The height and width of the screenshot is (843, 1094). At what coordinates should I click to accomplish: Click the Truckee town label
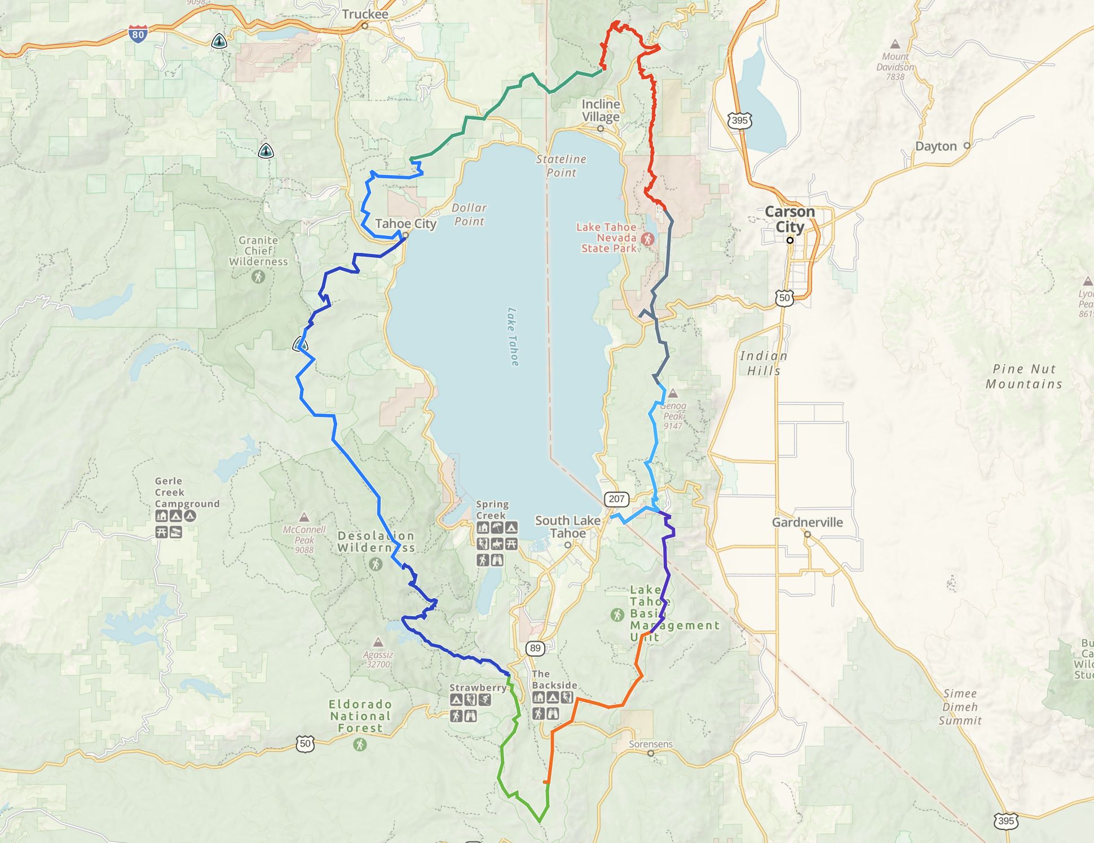[365, 14]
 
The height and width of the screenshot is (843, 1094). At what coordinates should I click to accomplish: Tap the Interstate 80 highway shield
[138, 34]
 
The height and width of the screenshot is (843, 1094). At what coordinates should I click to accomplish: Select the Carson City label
[789, 219]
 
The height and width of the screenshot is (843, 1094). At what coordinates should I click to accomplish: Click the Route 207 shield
[616, 499]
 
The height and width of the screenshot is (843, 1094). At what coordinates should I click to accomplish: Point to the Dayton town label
[936, 147]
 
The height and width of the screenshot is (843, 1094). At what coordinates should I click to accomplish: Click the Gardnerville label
[807, 523]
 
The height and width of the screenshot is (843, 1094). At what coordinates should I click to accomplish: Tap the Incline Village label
[601, 111]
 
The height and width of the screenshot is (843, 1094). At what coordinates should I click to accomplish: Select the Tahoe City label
[405, 224]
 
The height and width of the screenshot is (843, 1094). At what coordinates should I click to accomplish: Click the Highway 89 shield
[535, 648]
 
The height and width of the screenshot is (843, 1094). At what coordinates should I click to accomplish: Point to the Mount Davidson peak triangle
[894, 44]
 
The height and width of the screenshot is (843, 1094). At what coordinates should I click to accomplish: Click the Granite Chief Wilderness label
[258, 251]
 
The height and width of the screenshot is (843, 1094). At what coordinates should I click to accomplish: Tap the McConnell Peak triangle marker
[304, 517]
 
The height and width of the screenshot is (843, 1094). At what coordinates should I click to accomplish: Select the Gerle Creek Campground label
[187, 493]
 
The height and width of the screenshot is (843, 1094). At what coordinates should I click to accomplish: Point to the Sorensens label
[651, 744]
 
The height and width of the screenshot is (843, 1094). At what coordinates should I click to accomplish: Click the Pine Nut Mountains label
[1024, 376]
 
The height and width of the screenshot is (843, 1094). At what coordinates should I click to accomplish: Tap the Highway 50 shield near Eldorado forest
[305, 744]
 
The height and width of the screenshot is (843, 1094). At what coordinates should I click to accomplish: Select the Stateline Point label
[561, 166]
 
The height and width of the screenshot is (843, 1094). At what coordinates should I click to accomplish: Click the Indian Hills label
[764, 363]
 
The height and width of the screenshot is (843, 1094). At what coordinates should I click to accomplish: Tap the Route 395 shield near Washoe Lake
[739, 120]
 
